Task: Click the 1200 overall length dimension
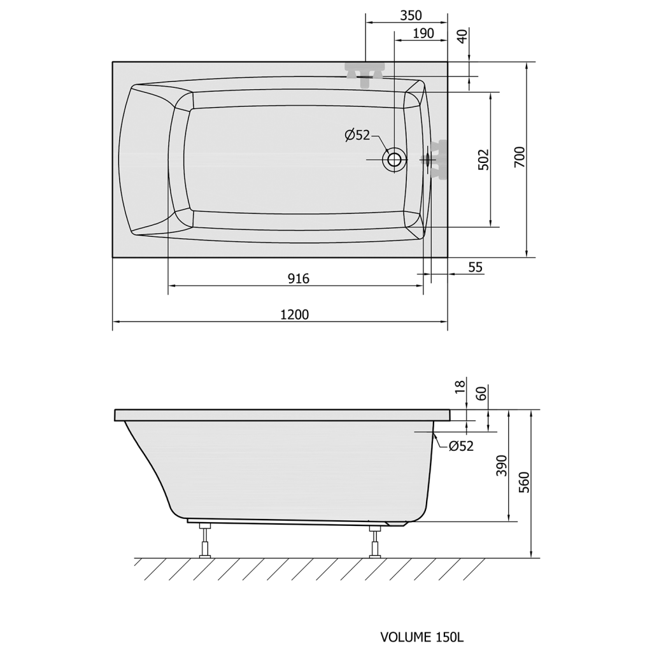(x=294, y=315)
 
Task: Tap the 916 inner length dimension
(x=299, y=278)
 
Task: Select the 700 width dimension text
(x=520, y=157)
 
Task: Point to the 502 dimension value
(x=484, y=159)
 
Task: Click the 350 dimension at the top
(x=411, y=15)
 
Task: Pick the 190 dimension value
(x=423, y=33)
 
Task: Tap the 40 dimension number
(x=462, y=36)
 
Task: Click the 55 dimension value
(x=475, y=267)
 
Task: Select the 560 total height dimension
(x=525, y=483)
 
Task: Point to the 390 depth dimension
(x=502, y=465)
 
